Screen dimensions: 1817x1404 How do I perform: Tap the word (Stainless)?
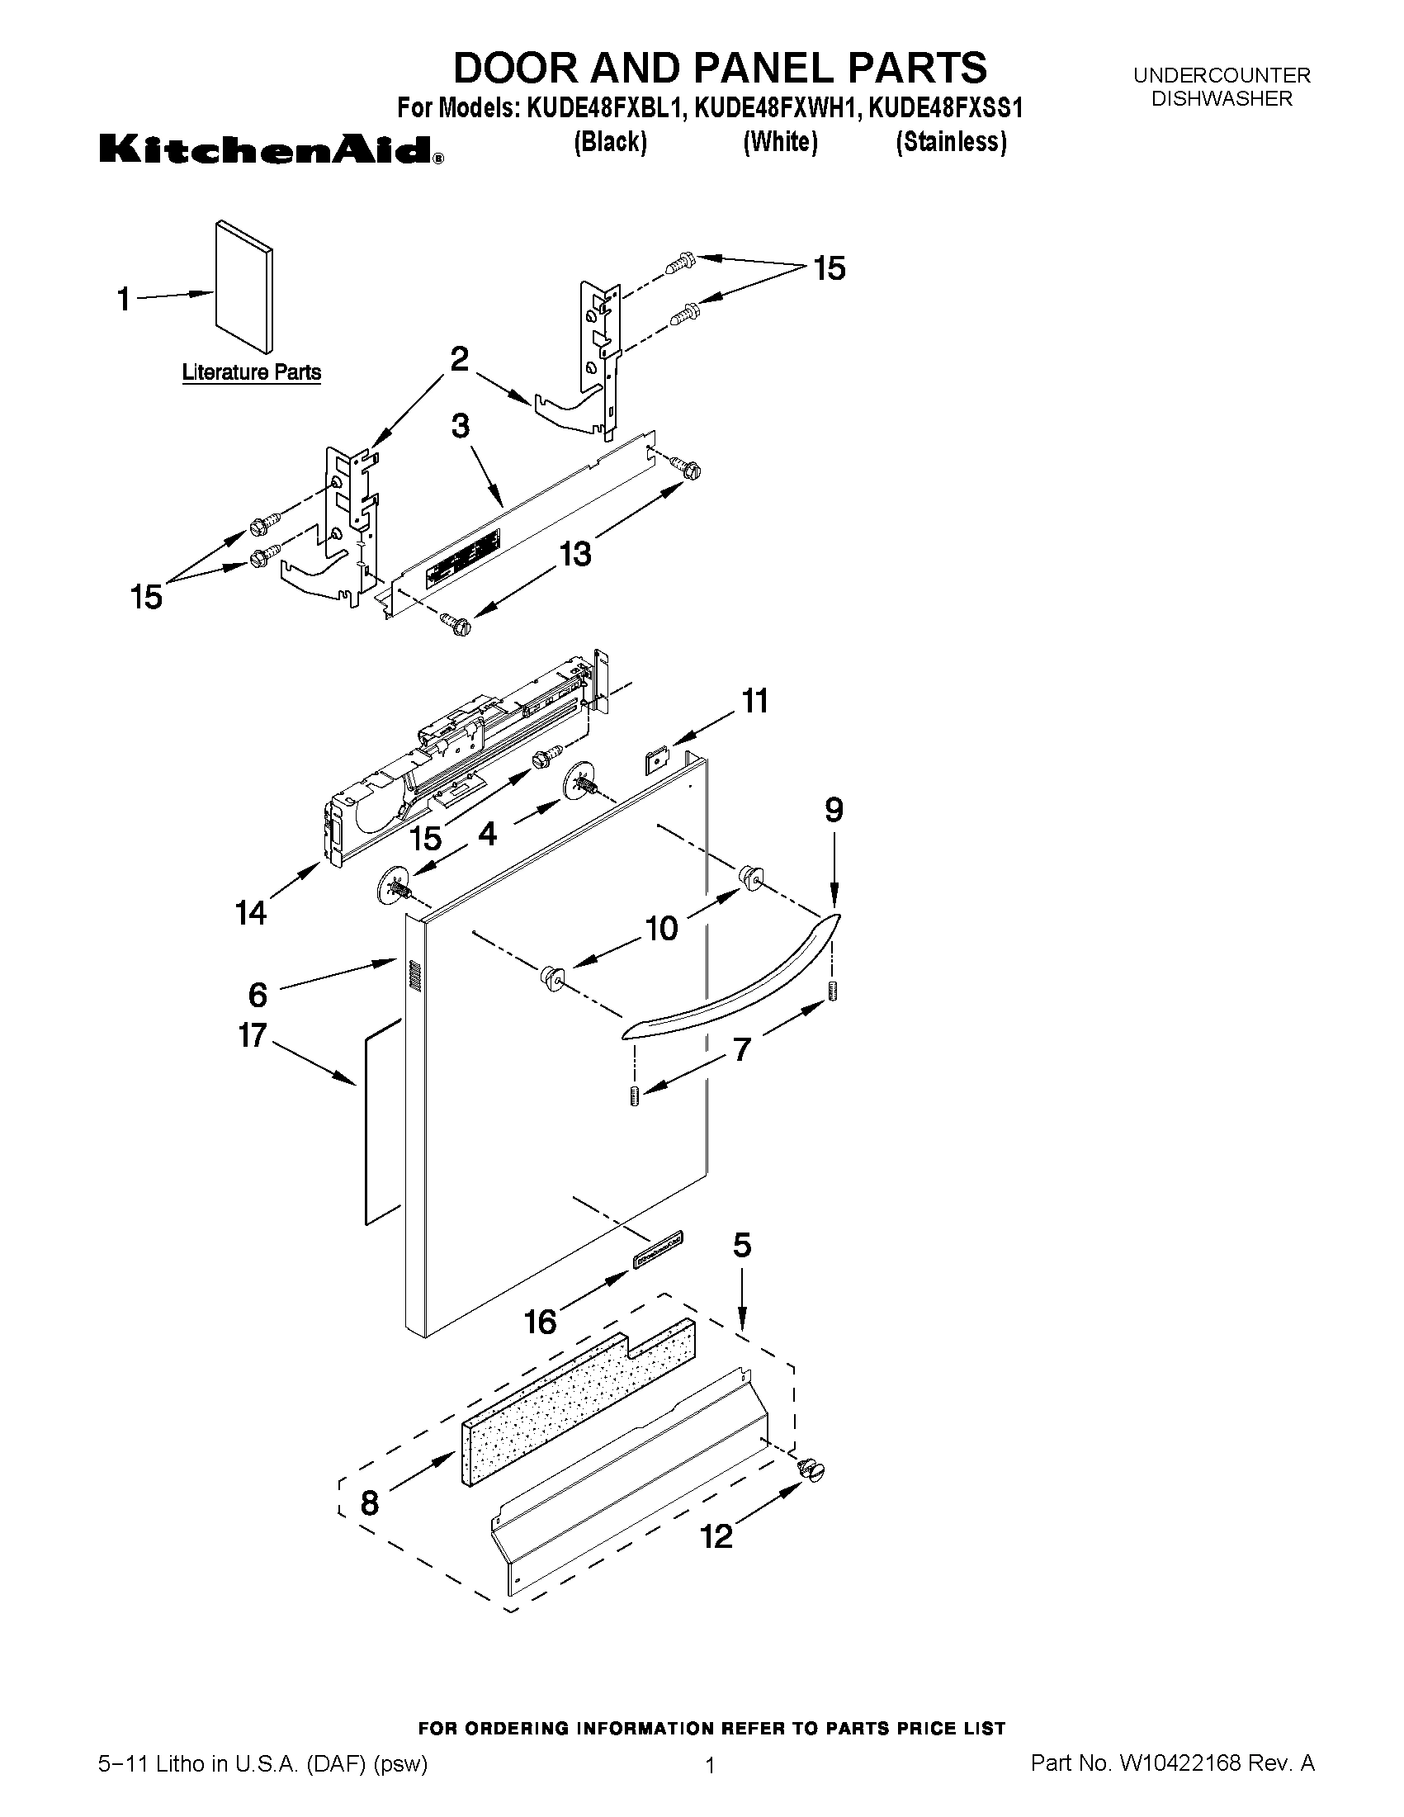[951, 143]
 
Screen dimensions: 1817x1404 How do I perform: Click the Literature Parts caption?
[251, 371]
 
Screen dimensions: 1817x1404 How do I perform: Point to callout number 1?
[124, 299]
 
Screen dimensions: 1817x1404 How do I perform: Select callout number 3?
[460, 427]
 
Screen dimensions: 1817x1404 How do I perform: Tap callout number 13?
[574, 553]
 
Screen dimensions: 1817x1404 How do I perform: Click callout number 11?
[755, 702]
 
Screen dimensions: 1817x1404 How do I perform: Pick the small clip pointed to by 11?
[658, 759]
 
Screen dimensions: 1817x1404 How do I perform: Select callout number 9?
[834, 810]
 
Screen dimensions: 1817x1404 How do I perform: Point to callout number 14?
[250, 913]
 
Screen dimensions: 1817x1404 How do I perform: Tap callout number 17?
[252, 1036]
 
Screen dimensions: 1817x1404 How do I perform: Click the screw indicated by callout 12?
[812, 1470]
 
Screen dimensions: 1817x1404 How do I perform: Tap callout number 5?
[742, 1246]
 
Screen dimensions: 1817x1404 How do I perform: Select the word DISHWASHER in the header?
[1221, 98]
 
